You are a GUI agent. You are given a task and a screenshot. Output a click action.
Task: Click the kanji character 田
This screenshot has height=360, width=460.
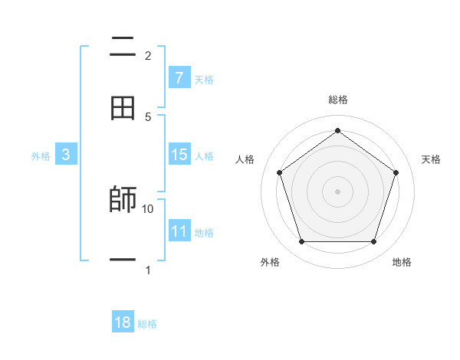coord(123,108)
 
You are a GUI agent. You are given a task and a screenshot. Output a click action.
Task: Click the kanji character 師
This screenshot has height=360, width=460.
coord(123,200)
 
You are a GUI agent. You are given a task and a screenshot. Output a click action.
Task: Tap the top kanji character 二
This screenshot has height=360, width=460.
coord(123,47)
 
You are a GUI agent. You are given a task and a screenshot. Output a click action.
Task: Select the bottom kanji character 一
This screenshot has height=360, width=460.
coord(123,261)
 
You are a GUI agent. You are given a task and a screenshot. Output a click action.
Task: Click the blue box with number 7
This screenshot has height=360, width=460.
coord(179,78)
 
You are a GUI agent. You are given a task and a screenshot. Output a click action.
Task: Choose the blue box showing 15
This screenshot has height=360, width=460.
coord(179,155)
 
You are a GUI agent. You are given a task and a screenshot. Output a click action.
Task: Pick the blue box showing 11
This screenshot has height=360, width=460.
coord(179,231)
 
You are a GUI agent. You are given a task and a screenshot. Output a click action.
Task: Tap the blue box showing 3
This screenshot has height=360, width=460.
coord(66,155)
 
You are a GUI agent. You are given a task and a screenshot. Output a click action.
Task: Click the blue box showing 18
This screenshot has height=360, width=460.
coord(123,322)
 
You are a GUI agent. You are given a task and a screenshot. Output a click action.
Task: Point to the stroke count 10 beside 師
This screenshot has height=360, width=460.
coord(148,208)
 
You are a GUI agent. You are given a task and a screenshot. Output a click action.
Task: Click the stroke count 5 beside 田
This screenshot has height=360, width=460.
coord(148,116)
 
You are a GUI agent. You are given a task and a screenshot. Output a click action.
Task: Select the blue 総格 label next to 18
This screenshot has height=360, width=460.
coord(147,324)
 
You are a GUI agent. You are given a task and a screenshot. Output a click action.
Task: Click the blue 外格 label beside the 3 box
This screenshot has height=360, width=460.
coord(41,156)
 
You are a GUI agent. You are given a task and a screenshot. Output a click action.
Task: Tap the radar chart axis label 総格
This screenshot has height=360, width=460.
coord(338,100)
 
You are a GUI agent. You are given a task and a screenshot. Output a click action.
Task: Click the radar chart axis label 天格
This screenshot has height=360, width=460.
coord(432,159)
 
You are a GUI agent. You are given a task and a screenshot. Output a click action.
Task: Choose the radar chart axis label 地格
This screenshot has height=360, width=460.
coord(402,262)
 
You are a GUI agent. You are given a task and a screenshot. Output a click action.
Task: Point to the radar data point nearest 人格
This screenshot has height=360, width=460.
coord(280,172)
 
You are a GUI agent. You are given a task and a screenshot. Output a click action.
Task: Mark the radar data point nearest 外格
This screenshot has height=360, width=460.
coord(301,242)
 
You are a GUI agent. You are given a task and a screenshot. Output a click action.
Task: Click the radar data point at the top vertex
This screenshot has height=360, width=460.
coord(338,130)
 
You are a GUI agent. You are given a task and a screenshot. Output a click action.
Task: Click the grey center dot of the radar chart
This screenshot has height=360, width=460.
coord(338,191)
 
